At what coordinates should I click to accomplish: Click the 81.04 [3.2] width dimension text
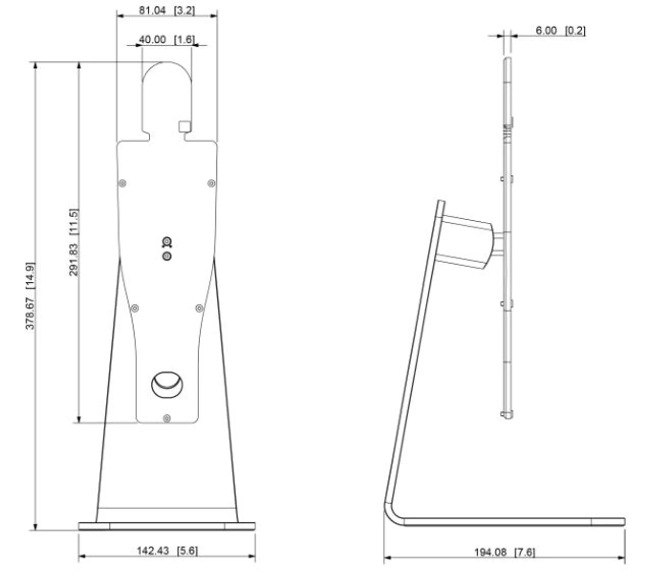pos(167,10)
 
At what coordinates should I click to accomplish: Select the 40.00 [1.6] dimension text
pos(167,39)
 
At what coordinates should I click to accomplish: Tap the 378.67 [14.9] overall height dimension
pos(31,296)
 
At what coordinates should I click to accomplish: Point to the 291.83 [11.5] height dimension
pos(74,242)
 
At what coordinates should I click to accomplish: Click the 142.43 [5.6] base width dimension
pos(167,550)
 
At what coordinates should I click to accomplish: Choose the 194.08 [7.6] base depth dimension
pos(504,552)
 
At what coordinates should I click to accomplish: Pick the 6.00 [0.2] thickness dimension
pos(560,31)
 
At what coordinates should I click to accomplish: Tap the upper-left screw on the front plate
pos(122,183)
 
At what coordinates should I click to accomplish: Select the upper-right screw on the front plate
pos(211,183)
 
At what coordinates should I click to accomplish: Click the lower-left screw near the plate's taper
pos(135,308)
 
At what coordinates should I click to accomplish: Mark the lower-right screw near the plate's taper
pos(199,308)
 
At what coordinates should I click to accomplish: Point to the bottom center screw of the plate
pos(167,418)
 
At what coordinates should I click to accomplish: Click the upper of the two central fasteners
pos(167,242)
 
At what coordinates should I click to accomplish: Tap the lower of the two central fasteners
pos(167,256)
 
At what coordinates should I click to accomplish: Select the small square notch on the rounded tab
pos(184,126)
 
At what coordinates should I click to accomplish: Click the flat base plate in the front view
pos(167,526)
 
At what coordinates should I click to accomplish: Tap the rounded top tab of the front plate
pos(167,92)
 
